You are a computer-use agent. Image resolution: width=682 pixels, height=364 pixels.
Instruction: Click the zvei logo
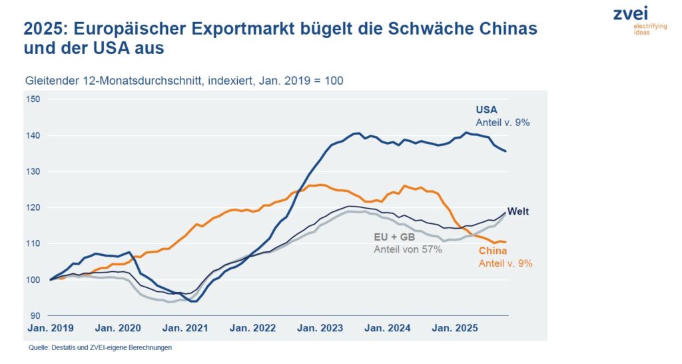click(x=631, y=13)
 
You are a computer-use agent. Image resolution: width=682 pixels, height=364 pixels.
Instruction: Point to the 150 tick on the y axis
click(x=33, y=99)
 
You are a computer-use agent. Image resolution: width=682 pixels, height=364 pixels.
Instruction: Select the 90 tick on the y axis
click(x=36, y=315)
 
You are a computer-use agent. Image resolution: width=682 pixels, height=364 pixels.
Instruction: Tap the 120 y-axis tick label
click(x=33, y=207)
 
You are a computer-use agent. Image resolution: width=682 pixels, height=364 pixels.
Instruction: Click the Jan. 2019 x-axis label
click(x=51, y=329)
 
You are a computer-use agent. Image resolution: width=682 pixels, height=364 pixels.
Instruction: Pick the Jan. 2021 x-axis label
click(x=185, y=329)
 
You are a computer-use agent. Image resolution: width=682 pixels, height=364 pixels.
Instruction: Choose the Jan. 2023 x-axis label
click(x=319, y=329)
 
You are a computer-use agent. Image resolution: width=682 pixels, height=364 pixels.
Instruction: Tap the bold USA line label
click(x=486, y=110)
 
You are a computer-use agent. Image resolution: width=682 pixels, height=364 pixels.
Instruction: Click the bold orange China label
click(x=493, y=251)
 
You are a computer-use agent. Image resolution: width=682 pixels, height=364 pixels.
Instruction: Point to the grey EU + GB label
click(x=393, y=237)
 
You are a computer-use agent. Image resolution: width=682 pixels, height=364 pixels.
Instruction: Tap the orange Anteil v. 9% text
click(x=506, y=263)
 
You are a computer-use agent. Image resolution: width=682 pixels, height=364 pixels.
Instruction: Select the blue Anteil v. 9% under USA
click(x=502, y=123)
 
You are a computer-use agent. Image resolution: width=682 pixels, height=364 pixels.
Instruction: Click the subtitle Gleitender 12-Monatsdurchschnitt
click(x=109, y=80)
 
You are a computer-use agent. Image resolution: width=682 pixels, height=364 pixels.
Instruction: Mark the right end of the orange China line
click(x=506, y=242)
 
